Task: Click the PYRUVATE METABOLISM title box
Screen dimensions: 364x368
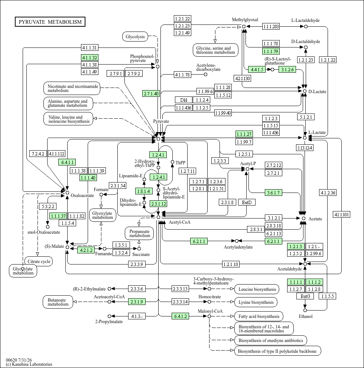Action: pos(50,22)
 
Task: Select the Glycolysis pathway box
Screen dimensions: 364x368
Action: pos(135,37)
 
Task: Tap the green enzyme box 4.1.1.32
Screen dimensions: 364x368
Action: pos(90,57)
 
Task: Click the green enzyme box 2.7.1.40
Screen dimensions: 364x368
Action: pos(151,93)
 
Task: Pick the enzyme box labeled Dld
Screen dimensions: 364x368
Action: pos(183,100)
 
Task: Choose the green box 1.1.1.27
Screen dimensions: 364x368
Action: pos(244,134)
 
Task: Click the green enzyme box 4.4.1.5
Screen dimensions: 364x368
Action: pos(257,69)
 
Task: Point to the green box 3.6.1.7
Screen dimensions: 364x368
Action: pos(273,193)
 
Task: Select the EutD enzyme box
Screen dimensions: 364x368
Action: pos(247,202)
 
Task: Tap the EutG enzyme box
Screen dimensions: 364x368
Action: pos(305,296)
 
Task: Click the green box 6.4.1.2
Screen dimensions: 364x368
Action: pos(181,316)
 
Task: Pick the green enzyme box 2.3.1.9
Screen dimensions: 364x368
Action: pos(137,302)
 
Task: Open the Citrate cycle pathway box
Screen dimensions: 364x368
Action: pos(39,262)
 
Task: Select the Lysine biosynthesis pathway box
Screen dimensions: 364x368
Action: pos(256,302)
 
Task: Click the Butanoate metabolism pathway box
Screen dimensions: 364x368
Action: pos(58,302)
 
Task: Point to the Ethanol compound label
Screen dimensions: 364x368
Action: pos(305,316)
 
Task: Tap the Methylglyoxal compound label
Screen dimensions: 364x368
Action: pos(245,20)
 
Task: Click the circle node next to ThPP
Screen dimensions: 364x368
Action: pos(172,162)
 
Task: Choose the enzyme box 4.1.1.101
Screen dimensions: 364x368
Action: pos(342,214)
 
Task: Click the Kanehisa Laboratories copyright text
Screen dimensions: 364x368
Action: pos(29,364)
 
